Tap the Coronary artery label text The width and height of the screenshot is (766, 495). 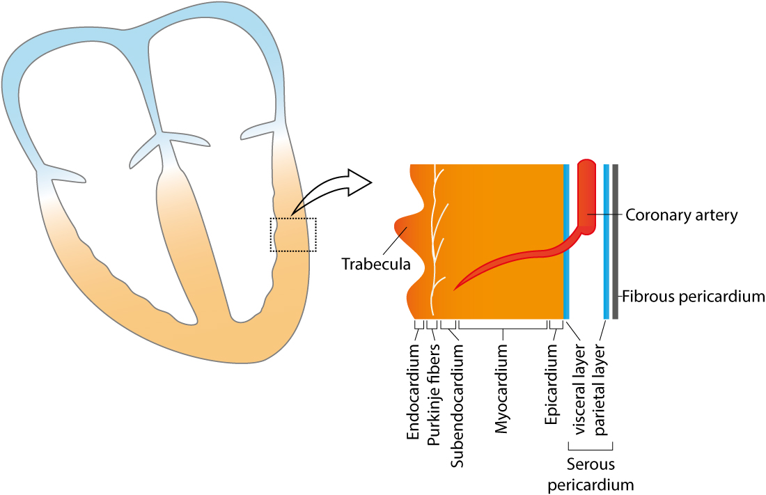681,215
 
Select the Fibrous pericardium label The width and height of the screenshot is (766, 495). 693,296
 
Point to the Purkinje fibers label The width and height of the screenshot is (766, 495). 434,395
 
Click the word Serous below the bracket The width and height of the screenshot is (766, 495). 591,464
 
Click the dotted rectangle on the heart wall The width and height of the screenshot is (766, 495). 293,235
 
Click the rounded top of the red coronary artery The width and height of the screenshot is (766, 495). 586,168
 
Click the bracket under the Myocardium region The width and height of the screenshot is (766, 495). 503,327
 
